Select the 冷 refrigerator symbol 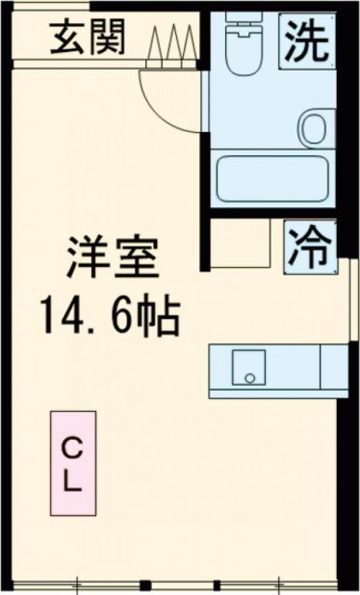[308, 245]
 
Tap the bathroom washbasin [314, 125]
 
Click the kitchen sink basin [248, 368]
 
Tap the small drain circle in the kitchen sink [248, 377]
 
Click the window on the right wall [354, 307]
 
